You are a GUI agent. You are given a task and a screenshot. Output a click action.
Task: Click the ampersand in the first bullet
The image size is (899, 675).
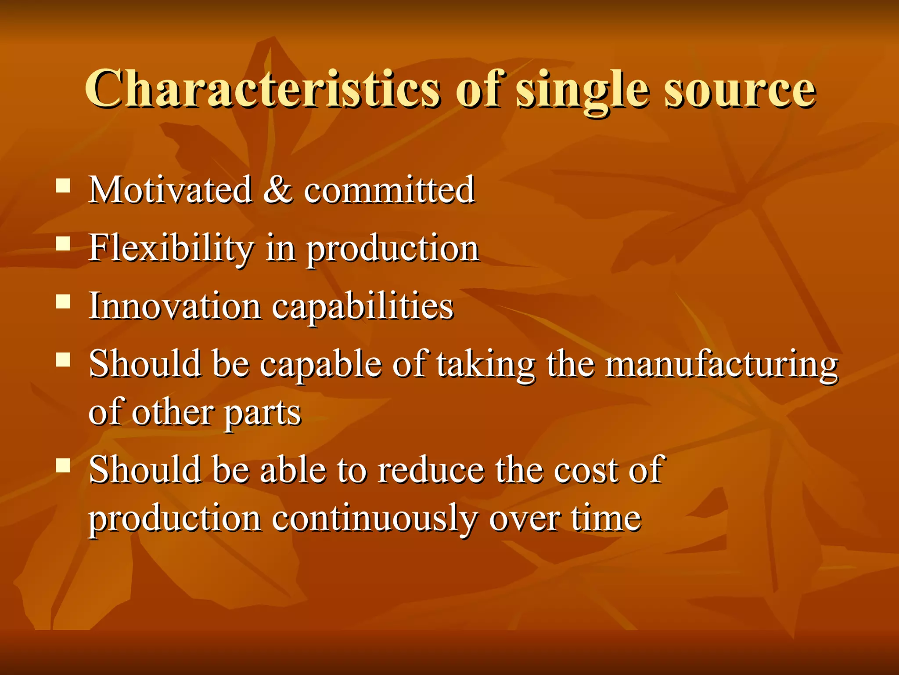[x=278, y=190]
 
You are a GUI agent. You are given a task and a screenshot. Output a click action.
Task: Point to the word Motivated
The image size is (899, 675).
[x=170, y=190]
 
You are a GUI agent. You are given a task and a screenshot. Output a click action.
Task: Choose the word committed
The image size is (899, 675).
[x=389, y=190]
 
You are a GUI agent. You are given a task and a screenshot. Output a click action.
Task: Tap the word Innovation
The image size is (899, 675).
[x=175, y=306]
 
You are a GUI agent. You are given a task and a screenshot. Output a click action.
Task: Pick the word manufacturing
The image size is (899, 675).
[x=721, y=365]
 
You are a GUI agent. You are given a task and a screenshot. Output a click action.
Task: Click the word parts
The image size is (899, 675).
[x=263, y=414]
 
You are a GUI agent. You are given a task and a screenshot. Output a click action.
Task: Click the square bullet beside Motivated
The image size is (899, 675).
[x=63, y=186]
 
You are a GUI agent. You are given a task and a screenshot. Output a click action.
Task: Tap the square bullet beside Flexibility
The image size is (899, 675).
[x=63, y=244]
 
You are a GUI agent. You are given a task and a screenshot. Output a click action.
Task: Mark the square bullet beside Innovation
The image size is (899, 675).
[x=63, y=302]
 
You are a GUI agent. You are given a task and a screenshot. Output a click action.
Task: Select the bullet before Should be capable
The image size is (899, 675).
[x=63, y=360]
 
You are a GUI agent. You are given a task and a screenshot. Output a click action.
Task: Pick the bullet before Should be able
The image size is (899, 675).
[x=63, y=465]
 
